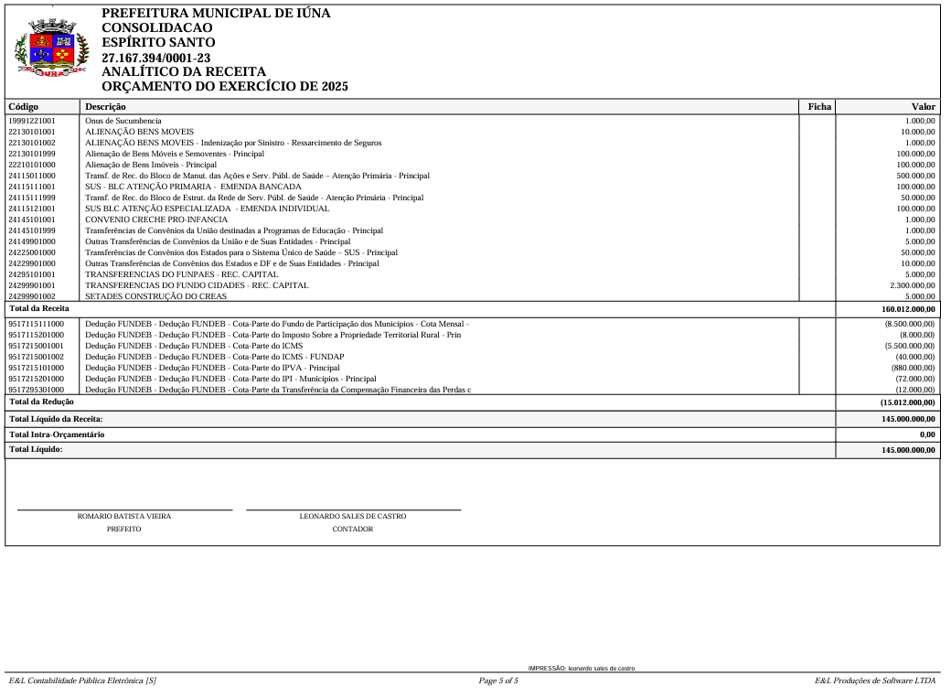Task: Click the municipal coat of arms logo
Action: coord(51,49)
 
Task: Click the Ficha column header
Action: coord(819,107)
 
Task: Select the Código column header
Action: coord(24,107)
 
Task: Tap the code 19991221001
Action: coord(32,121)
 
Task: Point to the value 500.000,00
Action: coord(915,176)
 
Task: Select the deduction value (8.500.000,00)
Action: coord(909,324)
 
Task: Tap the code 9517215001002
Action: coord(37,357)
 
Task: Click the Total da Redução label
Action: coord(41,402)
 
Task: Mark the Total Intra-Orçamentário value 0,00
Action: coord(927,434)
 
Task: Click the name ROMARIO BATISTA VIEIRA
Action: coord(124,517)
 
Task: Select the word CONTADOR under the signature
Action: coord(353,530)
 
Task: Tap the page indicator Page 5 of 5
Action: coord(498,681)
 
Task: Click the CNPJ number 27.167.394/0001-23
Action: coord(155,58)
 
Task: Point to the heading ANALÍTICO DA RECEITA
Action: coord(184,71)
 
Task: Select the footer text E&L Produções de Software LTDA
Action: coord(875,681)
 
